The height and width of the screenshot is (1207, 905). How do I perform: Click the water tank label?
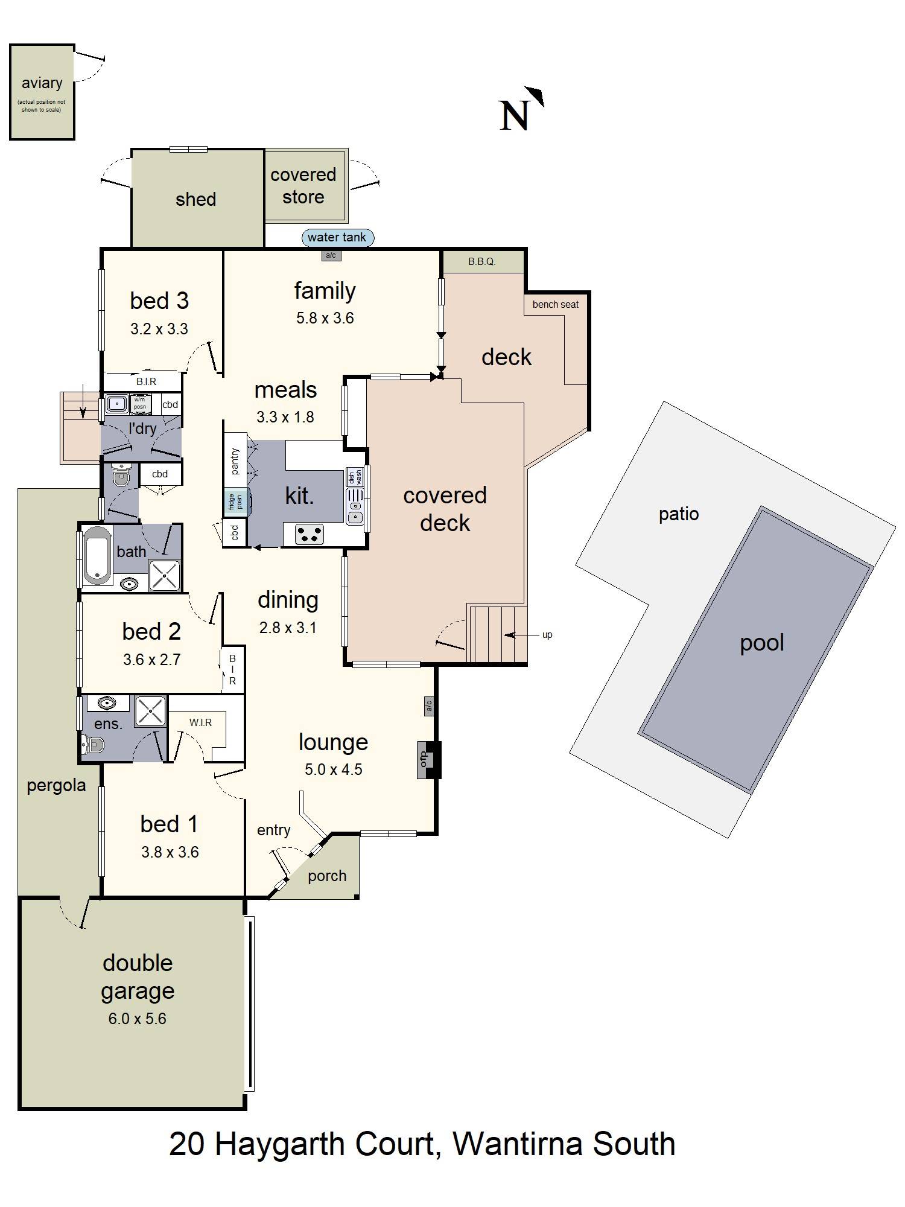(337, 238)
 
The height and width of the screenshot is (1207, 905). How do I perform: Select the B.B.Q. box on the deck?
(481, 262)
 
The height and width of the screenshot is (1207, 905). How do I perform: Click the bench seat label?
(555, 305)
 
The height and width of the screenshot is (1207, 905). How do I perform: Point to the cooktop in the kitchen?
(309, 534)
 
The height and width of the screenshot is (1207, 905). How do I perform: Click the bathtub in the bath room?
(97, 556)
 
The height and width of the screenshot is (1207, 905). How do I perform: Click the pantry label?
(235, 461)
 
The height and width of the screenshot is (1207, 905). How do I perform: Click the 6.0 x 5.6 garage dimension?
(137, 1019)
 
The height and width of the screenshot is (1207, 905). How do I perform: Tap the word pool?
(761, 643)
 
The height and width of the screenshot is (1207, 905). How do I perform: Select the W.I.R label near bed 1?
(200, 722)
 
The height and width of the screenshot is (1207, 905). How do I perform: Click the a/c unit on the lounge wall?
(428, 705)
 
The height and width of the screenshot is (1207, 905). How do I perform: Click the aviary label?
(42, 83)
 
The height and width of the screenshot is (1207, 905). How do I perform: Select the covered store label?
(303, 186)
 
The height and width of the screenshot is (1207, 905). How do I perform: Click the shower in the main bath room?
(165, 575)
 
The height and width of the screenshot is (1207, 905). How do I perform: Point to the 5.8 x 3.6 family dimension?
(325, 318)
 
